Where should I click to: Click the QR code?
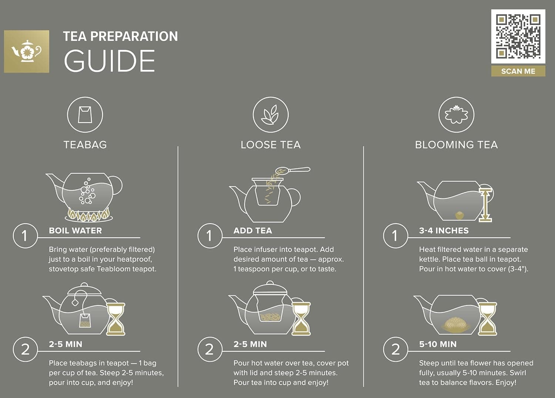pos(518,36)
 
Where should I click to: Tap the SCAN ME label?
pos(518,71)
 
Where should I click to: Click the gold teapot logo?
pos(27,51)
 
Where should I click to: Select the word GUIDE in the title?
pos(110,61)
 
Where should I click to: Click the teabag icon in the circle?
pos(85,115)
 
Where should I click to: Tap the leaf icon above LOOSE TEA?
pos(270,115)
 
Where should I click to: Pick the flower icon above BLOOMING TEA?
pos(456,115)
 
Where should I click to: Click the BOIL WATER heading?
pos(75,231)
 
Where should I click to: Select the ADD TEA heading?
pos(253,231)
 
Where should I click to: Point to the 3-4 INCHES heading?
pos(444,231)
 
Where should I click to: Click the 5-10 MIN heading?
pos(438,344)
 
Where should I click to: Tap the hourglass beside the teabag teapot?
pos(116,319)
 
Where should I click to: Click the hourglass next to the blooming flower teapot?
pos(487,319)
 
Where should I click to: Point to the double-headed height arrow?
pos(485,205)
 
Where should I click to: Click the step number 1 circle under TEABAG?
pos(25,236)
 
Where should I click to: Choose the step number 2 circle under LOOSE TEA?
pos(210,349)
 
